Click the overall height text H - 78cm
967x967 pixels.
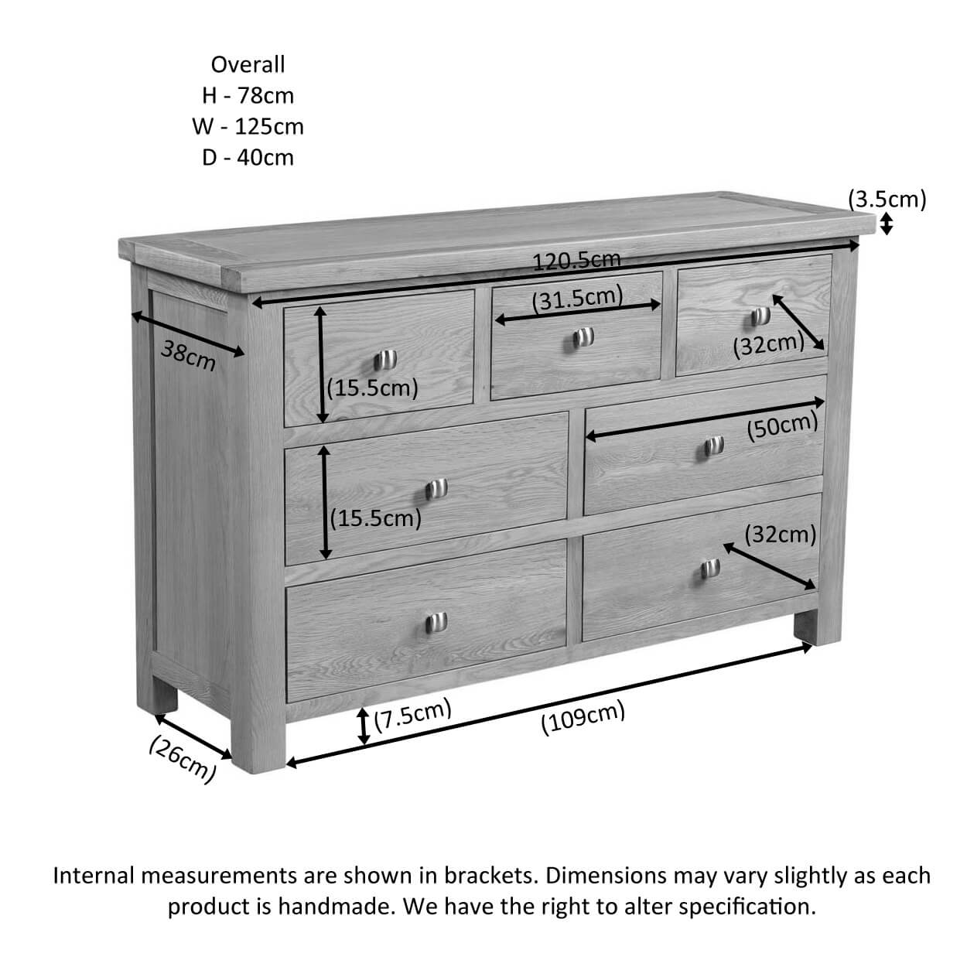[x=248, y=95]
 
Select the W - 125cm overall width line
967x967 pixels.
[x=248, y=126]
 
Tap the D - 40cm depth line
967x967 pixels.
[x=248, y=158]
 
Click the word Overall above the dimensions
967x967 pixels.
[x=248, y=64]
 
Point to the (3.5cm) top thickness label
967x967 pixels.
[x=887, y=200]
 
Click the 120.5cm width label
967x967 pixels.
[x=576, y=261]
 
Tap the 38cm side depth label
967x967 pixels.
[x=188, y=355]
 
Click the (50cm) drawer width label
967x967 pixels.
[x=782, y=426]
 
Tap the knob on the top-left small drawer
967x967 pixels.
[x=385, y=360]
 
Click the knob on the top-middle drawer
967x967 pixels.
[x=583, y=337]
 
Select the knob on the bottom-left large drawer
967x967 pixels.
[x=436, y=623]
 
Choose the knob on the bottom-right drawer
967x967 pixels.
[x=709, y=569]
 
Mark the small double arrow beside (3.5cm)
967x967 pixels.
[x=887, y=224]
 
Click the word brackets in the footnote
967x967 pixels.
[x=488, y=876]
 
